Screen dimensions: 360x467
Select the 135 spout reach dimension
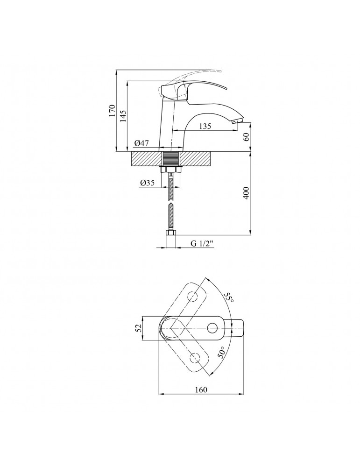coord(205,126)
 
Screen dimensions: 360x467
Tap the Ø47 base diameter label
coord(141,143)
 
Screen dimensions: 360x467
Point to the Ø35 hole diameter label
coord(147,183)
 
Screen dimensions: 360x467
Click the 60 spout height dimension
coord(246,137)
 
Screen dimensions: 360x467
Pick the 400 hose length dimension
coord(246,193)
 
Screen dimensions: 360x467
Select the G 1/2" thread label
coord(202,243)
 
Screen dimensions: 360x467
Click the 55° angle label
coord(230,297)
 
